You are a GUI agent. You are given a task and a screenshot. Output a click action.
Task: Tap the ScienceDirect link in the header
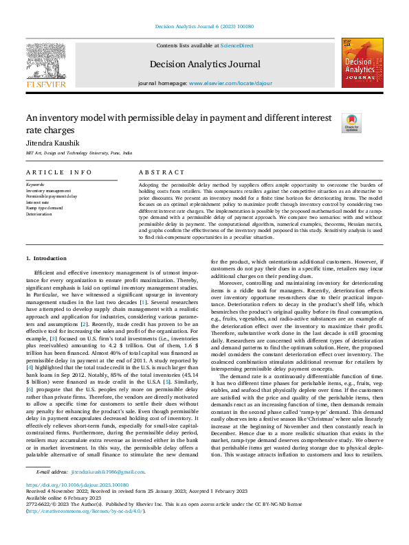pyautogui.click(x=236, y=45)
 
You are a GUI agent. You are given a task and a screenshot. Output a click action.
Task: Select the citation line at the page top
pyautogui.click(x=204, y=26)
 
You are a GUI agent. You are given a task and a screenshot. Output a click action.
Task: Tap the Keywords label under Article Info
pyautogui.click(x=35, y=185)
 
